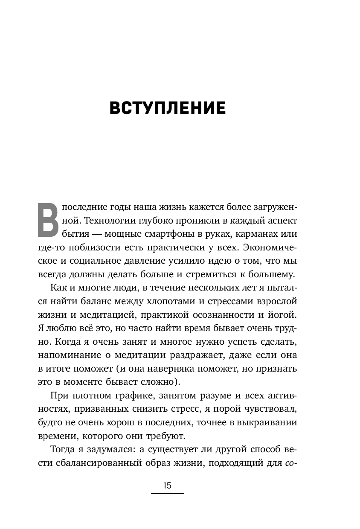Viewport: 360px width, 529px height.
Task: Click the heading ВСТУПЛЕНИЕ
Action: tap(167, 108)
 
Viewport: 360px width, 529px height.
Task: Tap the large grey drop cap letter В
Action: tap(48, 220)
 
